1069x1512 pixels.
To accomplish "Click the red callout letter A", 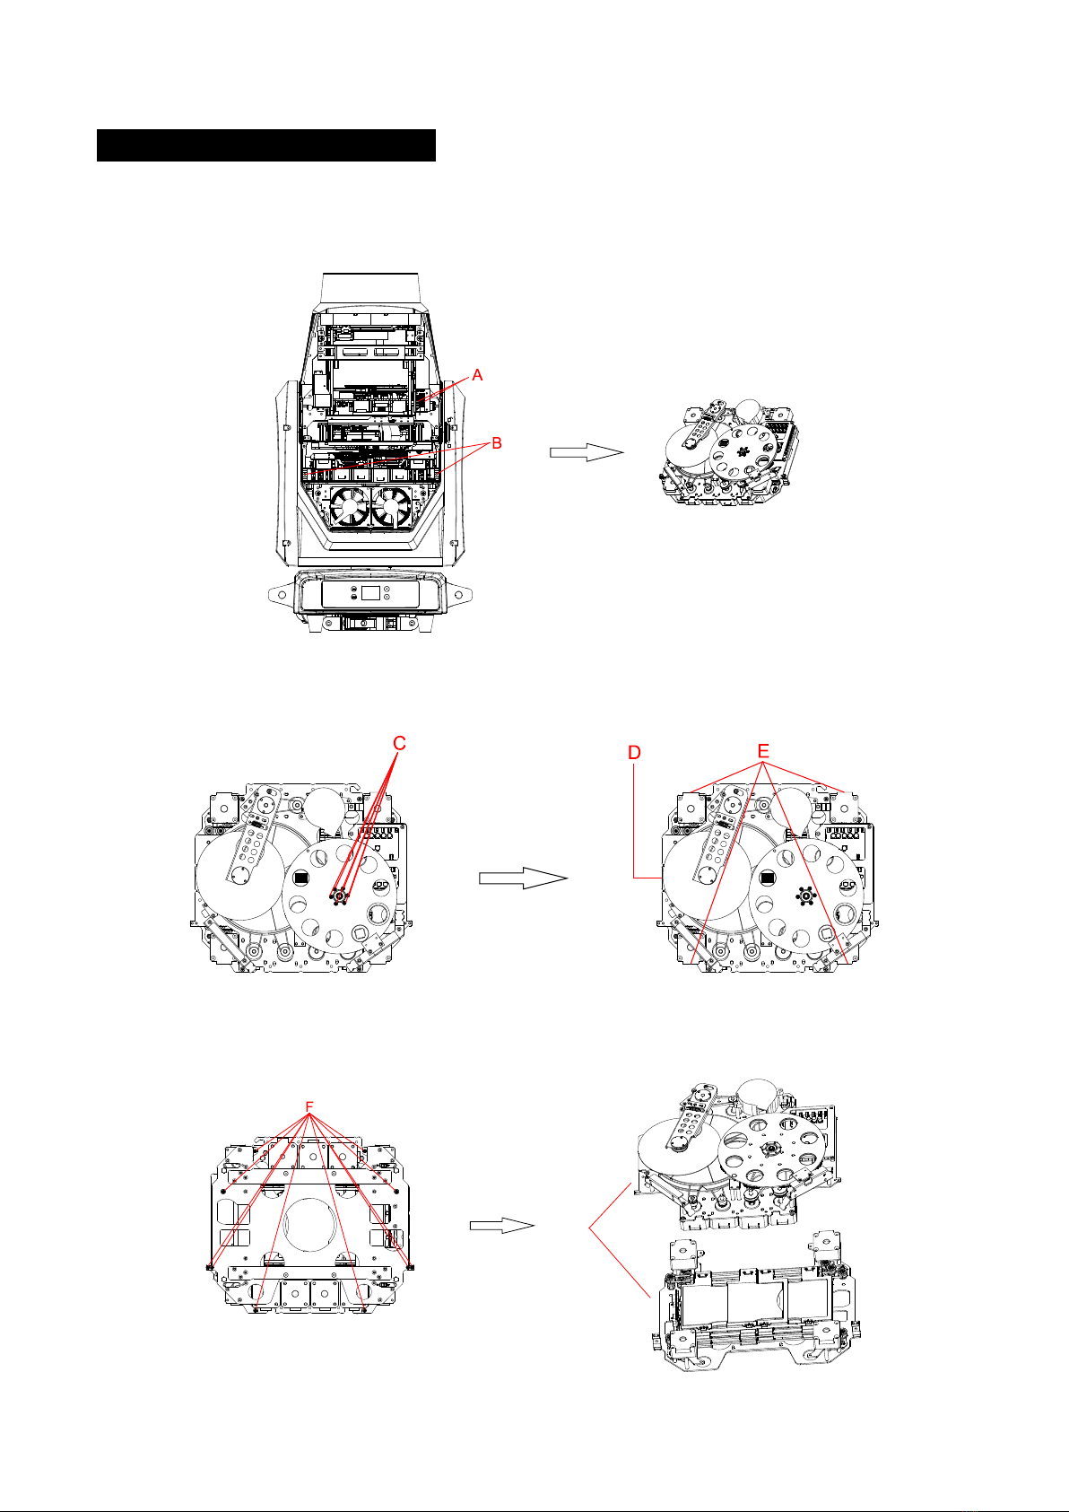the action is (477, 375).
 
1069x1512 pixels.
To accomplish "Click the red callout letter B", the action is (497, 443).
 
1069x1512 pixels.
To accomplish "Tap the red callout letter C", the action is (399, 743).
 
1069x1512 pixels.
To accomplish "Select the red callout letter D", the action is (634, 753).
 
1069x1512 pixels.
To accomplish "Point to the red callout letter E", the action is (763, 751).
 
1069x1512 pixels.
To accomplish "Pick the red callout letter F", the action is (309, 1107).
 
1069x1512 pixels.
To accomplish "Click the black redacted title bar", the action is (266, 145).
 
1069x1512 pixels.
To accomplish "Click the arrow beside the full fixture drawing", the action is (587, 452).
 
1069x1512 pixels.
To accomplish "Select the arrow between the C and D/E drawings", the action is (524, 878).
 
